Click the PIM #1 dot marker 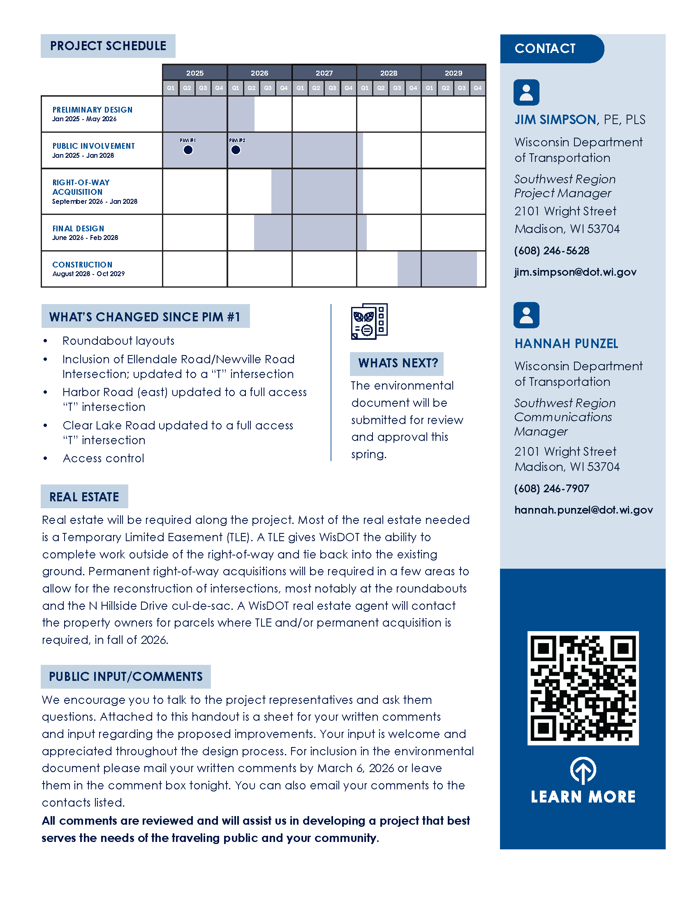pos(188,150)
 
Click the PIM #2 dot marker pos(236,150)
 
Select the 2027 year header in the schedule pos(324,73)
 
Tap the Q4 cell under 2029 pos(477,88)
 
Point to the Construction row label pos(82,265)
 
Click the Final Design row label pos(78,228)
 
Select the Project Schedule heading pos(108,46)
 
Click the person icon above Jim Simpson pos(526,92)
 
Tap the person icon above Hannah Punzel pos(526,316)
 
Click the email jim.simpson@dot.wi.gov pos(575,272)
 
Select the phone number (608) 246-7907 pos(551,489)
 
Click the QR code pos(583,688)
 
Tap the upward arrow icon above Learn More pos(583,770)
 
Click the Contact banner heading pos(545,48)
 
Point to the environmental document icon pos(369,322)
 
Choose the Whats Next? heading pos(398,363)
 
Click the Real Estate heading pos(84,497)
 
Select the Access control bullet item pos(104,458)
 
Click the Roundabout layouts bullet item pos(118,341)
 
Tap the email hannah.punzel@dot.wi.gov pos(583,510)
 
